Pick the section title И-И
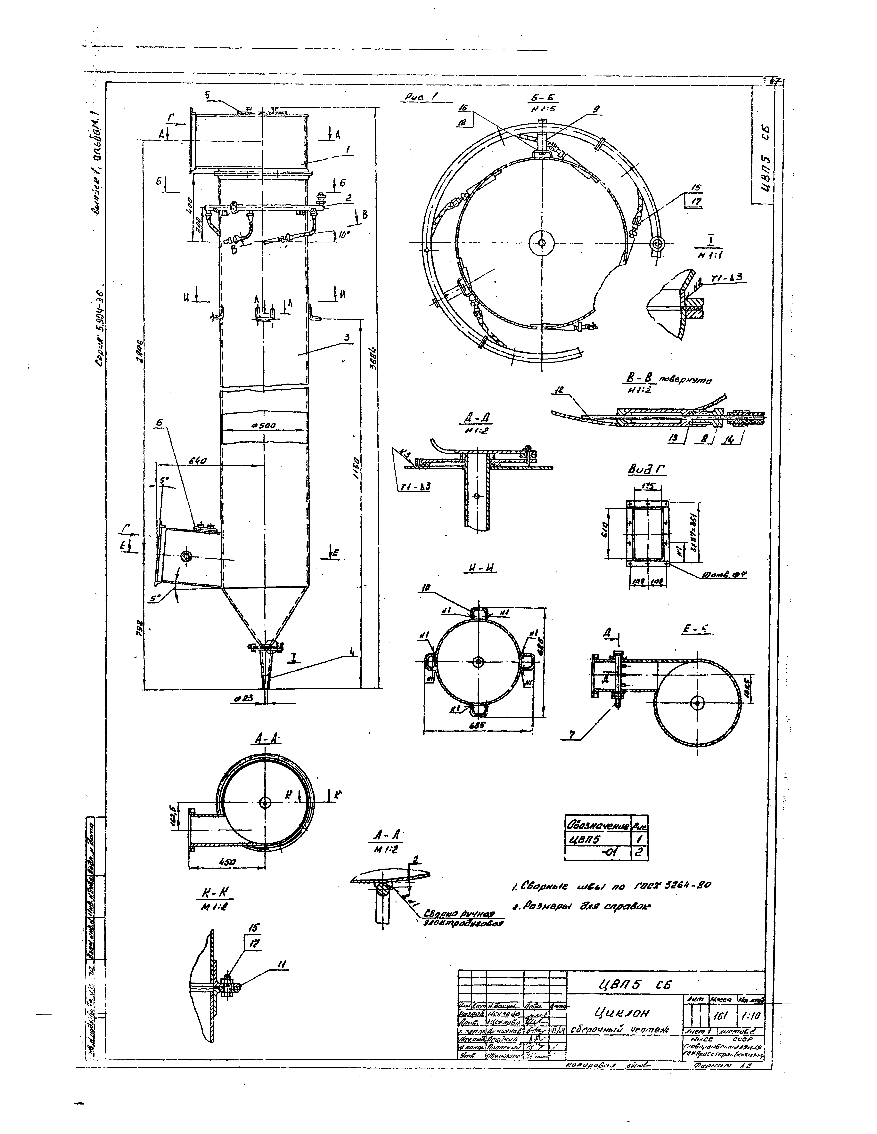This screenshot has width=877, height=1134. [x=479, y=569]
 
